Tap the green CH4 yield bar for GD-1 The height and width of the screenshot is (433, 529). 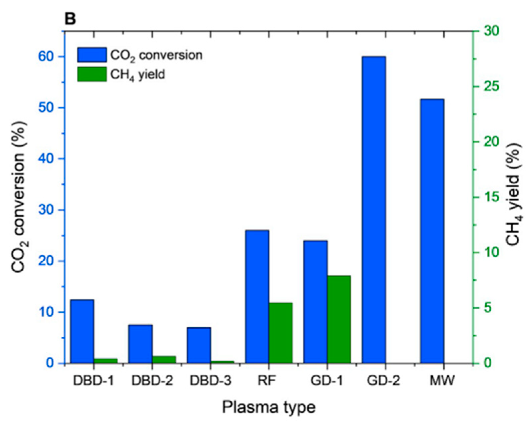tap(339, 319)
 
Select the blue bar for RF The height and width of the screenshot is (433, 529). tap(257, 296)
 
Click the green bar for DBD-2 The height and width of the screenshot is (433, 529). tap(164, 359)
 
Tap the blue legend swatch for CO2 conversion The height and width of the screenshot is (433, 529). tap(92, 55)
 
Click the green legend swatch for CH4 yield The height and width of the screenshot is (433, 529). tap(92, 74)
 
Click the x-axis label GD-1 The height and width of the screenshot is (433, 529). tap(327, 381)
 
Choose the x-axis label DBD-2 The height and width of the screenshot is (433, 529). tap(152, 381)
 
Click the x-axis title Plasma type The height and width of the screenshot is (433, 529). tap(268, 407)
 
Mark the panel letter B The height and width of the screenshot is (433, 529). tap(70, 19)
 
